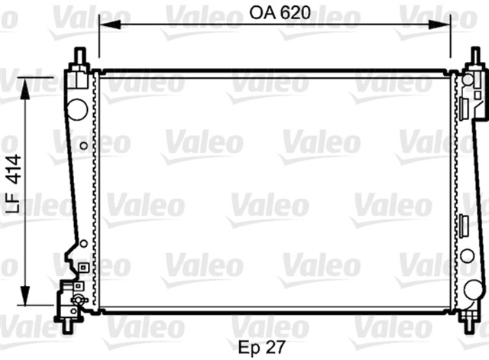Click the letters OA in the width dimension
point(261,13)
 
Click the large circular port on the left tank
point(77,108)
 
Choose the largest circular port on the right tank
point(474,290)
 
